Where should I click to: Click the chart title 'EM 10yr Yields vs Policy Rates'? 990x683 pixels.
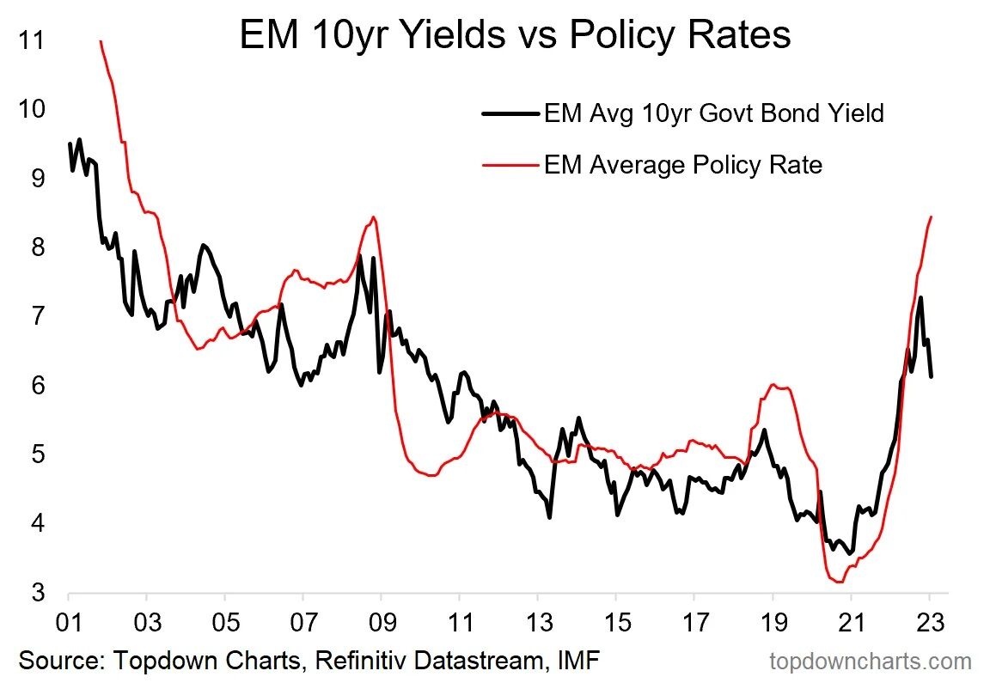pyautogui.click(x=514, y=36)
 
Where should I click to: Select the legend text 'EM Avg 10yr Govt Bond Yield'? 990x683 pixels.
pyautogui.click(x=713, y=113)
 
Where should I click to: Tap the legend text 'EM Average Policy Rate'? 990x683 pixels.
pyautogui.click(x=683, y=164)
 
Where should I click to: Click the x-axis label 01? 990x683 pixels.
pyautogui.click(x=68, y=621)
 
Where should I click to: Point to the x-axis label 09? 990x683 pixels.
pyautogui.click(x=381, y=621)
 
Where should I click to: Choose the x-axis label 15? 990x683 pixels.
pyautogui.click(x=615, y=621)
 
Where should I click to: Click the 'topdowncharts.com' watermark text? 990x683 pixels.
pyautogui.click(x=870, y=662)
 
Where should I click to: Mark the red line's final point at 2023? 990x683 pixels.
pyautogui.click(x=932, y=216)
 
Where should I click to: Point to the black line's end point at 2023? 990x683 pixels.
pyautogui.click(x=932, y=375)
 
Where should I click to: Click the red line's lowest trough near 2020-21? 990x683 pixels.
pyautogui.click(x=839, y=582)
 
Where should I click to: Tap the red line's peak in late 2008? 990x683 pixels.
pyautogui.click(x=372, y=216)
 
